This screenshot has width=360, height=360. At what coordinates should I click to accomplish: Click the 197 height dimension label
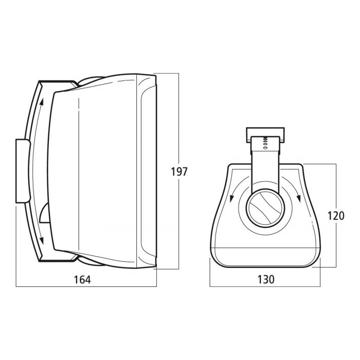coord(179,171)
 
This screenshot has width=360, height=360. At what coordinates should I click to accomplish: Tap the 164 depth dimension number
coord(82,279)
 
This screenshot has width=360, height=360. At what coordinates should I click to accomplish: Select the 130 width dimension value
coord(266,279)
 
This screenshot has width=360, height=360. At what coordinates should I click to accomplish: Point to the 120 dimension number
coord(336,216)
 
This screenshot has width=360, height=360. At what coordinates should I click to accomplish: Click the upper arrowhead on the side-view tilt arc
coord(41,102)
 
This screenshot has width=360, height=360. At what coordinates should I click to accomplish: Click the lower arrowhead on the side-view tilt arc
coord(42,240)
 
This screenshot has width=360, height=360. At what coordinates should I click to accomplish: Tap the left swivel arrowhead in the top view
coord(232,199)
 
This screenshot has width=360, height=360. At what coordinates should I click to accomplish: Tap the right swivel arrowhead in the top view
coord(299,199)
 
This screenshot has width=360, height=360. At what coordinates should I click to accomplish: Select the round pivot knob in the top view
coord(265,208)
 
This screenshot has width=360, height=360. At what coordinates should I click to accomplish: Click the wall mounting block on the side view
coord(23,171)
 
